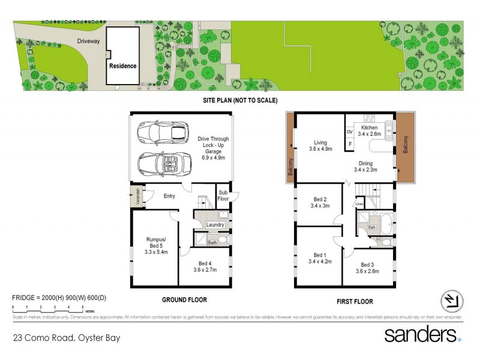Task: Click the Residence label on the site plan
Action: tap(122, 66)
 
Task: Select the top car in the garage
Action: tap(163, 132)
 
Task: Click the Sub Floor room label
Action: tap(223, 196)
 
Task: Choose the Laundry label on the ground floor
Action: tap(215, 225)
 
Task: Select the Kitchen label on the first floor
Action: tap(370, 128)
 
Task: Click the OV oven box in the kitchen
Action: tap(350, 132)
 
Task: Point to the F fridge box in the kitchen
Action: tap(350, 144)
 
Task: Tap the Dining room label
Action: tap(365, 163)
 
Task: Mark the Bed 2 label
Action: tap(320, 199)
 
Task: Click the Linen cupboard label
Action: tap(359, 205)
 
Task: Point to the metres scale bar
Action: tap(48, 308)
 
